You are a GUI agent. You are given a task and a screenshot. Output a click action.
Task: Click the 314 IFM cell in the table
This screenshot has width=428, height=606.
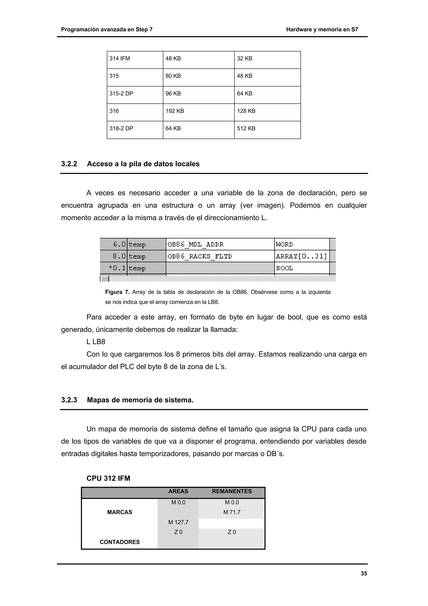pos(120,59)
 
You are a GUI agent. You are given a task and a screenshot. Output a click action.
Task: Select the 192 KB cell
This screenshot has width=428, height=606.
pos(175,111)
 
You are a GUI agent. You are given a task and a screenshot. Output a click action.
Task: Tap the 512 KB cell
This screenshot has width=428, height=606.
pos(246,129)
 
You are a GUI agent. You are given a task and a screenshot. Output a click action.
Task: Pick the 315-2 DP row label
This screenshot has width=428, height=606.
pos(121,94)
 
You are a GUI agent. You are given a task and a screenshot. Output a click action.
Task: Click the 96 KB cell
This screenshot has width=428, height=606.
pos(173,94)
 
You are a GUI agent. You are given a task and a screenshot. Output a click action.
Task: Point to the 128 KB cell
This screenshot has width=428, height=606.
pos(246,111)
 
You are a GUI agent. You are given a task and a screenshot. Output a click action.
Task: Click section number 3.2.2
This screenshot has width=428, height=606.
pos(69,164)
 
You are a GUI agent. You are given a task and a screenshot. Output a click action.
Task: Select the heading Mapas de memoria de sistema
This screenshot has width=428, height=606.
pos(140,400)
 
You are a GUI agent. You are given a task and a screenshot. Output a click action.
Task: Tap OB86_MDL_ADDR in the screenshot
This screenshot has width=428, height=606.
pos(195,245)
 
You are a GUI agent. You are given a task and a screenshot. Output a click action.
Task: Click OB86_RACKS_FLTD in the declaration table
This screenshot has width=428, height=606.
pos(200,257)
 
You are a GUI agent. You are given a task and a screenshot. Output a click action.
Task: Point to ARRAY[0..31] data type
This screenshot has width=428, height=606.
pos(301,257)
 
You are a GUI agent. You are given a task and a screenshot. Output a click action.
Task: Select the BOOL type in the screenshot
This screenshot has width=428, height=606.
pos(284,268)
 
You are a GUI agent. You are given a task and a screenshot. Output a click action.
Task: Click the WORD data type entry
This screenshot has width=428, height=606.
pos(284,245)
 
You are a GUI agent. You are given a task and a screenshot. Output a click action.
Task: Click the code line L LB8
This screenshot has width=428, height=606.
pos(96,342)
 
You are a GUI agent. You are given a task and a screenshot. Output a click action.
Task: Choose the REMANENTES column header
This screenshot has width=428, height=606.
pos(232,491)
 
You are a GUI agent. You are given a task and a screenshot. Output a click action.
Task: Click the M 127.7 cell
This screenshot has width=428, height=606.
pos(178,522)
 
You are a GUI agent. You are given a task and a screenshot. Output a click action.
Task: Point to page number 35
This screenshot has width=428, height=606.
pos(364,574)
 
